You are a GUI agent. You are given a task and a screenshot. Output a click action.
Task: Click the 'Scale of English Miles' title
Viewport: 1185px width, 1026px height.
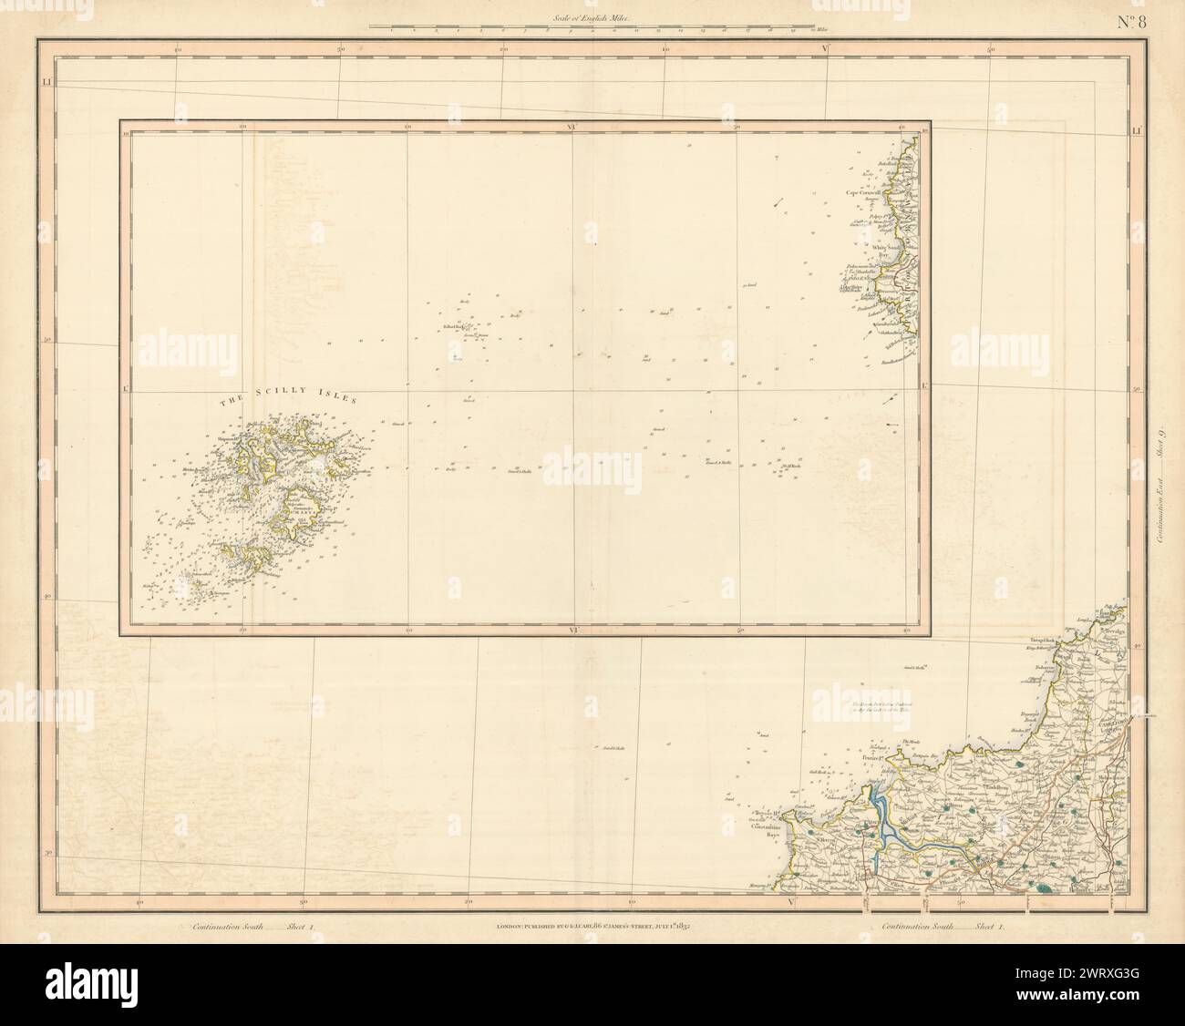[592, 15]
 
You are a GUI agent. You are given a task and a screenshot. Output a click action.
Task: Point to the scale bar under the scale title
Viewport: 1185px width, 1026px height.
[592, 30]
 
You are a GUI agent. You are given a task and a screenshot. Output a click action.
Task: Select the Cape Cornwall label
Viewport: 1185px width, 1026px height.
[867, 193]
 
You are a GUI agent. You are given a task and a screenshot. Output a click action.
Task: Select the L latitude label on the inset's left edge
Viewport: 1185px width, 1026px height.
[125, 389]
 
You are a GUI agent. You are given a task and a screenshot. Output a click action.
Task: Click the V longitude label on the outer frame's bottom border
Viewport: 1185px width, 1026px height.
[789, 902]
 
